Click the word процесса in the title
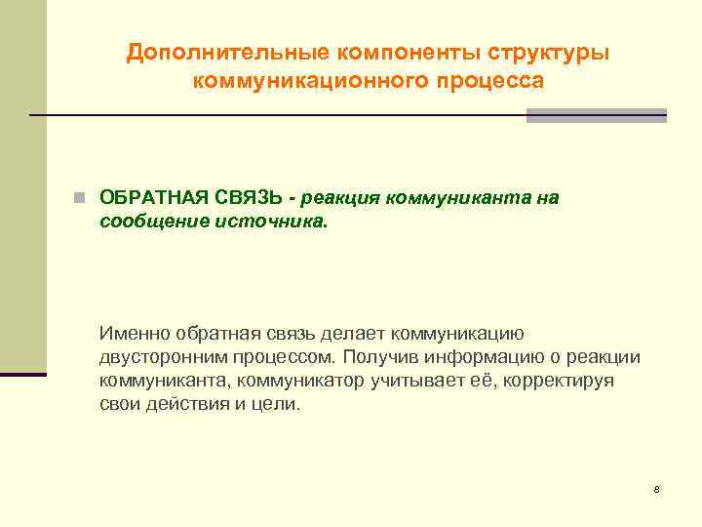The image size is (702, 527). tap(481, 81)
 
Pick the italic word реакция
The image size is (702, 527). tap(341, 198)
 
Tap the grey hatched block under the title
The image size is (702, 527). tap(596, 115)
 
